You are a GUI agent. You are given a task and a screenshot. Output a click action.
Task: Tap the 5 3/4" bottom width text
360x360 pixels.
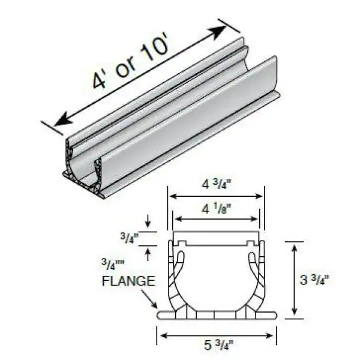(x=217, y=346)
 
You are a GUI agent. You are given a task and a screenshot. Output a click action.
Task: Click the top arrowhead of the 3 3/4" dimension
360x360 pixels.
(x=293, y=245)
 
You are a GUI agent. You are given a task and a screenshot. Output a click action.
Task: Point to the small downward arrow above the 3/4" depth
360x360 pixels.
(x=148, y=226)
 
